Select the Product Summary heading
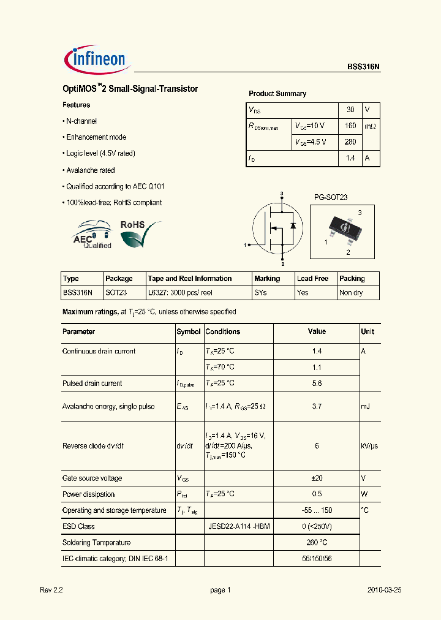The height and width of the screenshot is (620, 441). (x=277, y=94)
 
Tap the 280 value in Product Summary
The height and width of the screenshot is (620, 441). (x=350, y=142)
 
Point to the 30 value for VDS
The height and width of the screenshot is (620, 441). (x=350, y=110)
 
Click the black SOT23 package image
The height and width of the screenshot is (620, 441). (x=344, y=227)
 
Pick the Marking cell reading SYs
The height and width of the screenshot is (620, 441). (x=260, y=293)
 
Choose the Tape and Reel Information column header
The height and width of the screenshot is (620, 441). (x=190, y=279)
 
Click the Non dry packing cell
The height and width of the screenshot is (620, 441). (x=351, y=293)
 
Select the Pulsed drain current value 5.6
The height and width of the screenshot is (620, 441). (x=316, y=384)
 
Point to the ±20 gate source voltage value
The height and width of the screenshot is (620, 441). (x=316, y=478)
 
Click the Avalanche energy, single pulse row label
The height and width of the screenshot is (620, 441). (x=108, y=406)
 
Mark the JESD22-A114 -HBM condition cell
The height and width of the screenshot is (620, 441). (x=239, y=526)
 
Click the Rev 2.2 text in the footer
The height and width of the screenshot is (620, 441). (x=51, y=590)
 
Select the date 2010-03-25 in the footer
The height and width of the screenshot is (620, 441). (x=384, y=590)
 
